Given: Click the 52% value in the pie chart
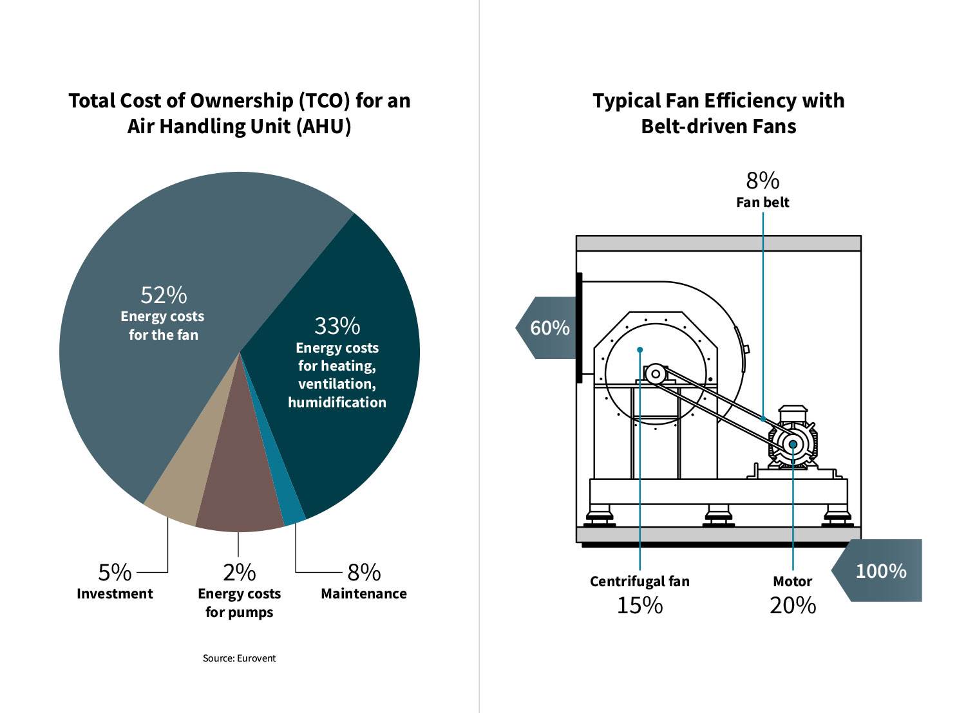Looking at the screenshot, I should [x=164, y=295].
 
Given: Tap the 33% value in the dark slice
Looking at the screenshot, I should [x=337, y=326].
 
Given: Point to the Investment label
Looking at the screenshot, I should [x=115, y=593].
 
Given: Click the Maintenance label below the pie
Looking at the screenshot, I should [x=363, y=593].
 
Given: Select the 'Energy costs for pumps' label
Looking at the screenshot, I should [x=239, y=602].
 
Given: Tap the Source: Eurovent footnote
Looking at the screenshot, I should [x=239, y=658].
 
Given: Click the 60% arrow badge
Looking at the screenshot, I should [x=547, y=328].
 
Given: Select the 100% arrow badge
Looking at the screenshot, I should [x=879, y=571].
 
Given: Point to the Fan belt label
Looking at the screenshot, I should [x=762, y=202].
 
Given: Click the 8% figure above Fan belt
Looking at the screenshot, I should [x=762, y=181].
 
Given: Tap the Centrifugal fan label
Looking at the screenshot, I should [x=639, y=581].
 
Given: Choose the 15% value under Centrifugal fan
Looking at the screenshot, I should [x=639, y=606].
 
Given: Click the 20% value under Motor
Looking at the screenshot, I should [x=792, y=606].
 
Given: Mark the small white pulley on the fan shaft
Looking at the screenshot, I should [x=656, y=374].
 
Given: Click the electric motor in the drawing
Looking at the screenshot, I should [x=793, y=443].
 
